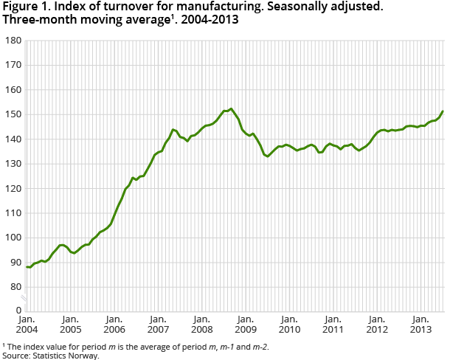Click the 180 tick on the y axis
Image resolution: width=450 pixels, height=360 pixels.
(12, 41)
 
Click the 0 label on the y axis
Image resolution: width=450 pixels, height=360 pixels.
(17, 311)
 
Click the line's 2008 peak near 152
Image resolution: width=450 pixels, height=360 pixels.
(231, 109)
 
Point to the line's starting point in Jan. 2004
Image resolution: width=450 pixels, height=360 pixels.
(27, 267)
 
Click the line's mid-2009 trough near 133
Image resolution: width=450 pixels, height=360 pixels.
(267, 156)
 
